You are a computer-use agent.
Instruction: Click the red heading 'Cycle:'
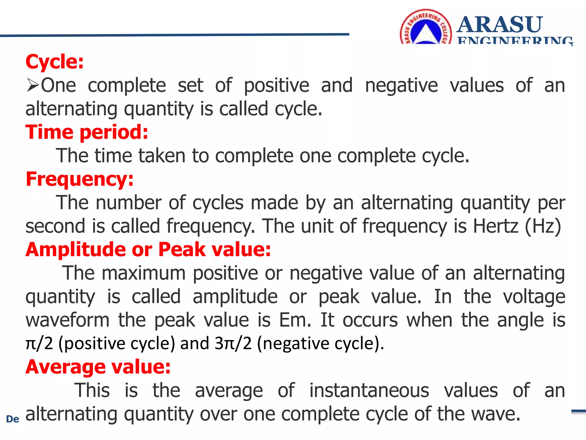click(x=54, y=62)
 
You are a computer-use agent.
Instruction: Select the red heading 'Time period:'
click(x=87, y=132)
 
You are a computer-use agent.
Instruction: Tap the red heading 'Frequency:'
click(x=80, y=179)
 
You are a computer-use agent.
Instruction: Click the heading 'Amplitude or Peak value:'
click(x=148, y=250)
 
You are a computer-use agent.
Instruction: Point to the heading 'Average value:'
click(x=98, y=367)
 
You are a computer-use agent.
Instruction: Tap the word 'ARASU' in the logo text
click(x=500, y=25)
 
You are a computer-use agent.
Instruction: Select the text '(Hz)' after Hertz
click(x=543, y=226)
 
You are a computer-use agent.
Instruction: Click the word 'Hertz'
click(x=495, y=226)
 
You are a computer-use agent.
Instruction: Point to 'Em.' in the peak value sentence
click(x=295, y=320)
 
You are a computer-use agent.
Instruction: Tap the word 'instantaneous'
click(x=369, y=390)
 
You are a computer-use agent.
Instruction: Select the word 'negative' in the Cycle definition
click(x=401, y=86)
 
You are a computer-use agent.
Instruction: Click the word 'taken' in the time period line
click(x=162, y=156)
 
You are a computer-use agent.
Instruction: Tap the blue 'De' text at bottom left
click(x=13, y=419)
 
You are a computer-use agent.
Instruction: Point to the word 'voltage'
click(x=534, y=297)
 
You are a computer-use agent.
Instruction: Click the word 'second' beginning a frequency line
click(x=55, y=226)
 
